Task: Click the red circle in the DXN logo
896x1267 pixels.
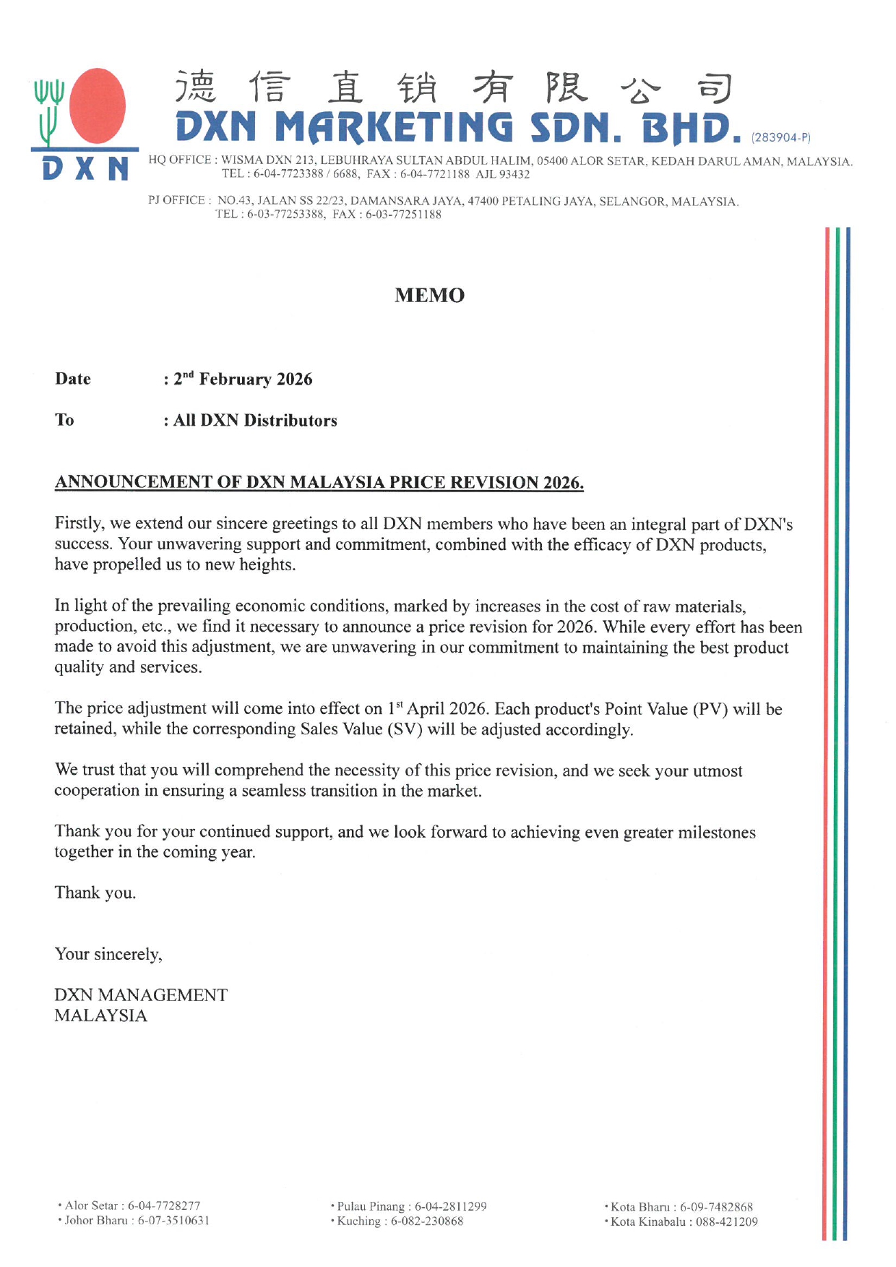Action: [x=98, y=106]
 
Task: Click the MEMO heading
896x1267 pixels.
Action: [x=429, y=295]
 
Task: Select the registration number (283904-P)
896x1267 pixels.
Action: [x=781, y=137]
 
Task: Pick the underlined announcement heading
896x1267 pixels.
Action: [x=319, y=482]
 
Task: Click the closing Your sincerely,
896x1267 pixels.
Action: [x=108, y=954]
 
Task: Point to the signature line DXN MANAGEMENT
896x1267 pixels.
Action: [x=141, y=995]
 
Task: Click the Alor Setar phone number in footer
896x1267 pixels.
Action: [x=164, y=1206]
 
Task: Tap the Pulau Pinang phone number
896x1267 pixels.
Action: [x=450, y=1206]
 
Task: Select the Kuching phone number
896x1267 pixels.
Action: [x=427, y=1221]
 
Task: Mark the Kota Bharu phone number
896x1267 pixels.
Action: [x=716, y=1207]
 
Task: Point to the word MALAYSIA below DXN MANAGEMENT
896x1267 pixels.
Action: [x=100, y=1015]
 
